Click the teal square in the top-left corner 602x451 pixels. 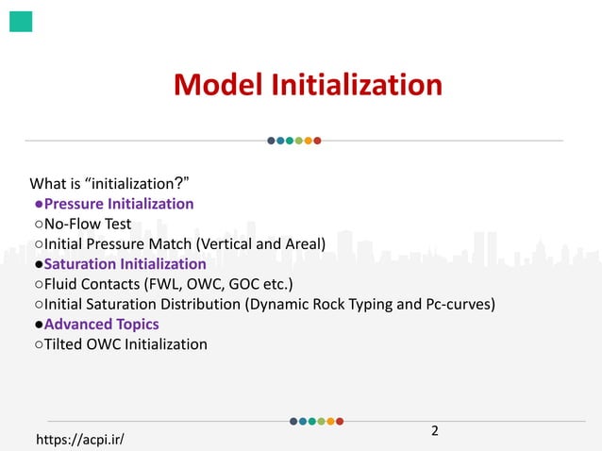coord(21,22)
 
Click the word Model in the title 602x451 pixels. coord(219,86)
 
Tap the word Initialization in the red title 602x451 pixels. coord(357,86)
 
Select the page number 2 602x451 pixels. coord(435,432)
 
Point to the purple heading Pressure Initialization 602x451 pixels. coord(119,204)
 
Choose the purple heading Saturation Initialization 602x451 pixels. coord(125,264)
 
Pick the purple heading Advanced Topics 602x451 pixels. coord(101,325)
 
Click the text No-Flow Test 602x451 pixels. coord(88,225)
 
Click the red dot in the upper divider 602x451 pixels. coord(318,142)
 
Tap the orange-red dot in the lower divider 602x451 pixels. coord(340,421)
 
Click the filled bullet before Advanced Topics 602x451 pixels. coord(39,325)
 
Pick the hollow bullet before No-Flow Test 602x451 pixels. coord(39,225)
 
